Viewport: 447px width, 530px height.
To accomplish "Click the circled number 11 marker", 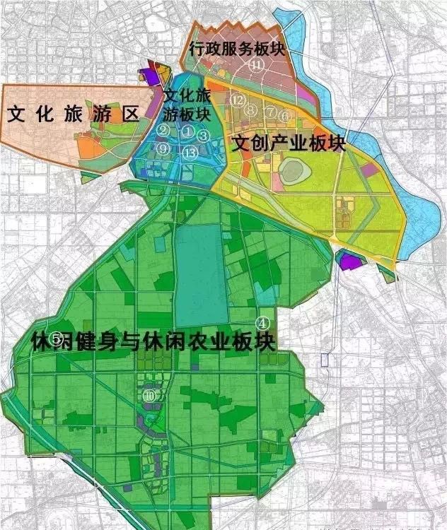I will [259, 64].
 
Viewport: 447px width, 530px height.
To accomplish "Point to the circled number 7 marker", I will [270, 112].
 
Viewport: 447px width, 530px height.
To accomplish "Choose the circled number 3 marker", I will [203, 136].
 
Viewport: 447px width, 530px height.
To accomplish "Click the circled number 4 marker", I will [265, 322].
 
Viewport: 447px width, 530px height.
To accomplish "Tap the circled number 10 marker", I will [149, 396].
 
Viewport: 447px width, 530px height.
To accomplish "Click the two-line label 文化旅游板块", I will [187, 104].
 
